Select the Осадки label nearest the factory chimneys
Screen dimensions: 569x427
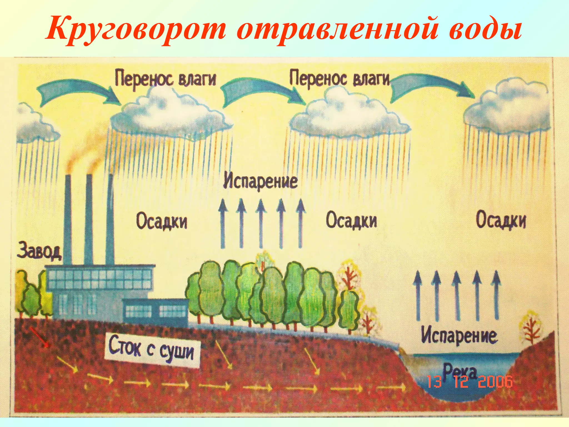point(162,221)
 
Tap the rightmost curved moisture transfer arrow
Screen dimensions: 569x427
point(431,89)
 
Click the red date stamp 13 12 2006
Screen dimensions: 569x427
point(470,381)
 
